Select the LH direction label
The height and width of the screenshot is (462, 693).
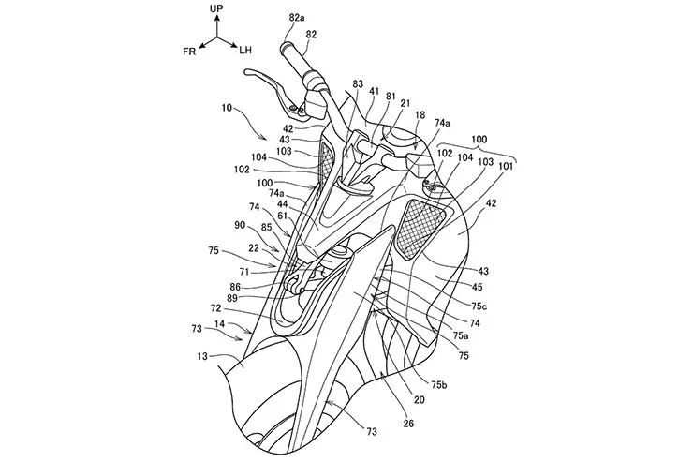[245, 50]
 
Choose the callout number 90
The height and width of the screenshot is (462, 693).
[242, 225]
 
